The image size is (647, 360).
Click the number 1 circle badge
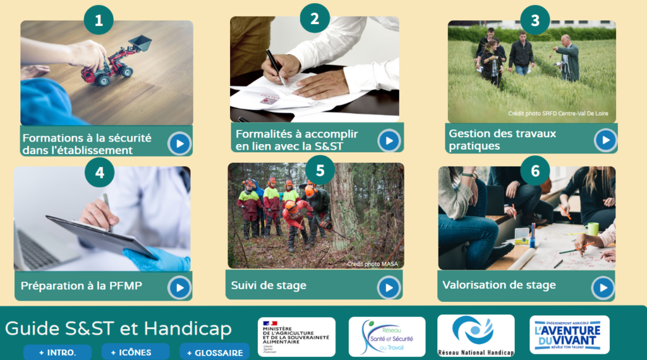tap(99, 20)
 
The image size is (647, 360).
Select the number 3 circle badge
tap(535, 20)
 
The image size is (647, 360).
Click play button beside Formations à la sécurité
tap(179, 143)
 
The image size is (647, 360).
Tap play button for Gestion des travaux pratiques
tap(605, 140)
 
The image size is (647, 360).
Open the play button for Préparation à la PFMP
tap(179, 288)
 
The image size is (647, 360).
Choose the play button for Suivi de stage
tap(389, 287)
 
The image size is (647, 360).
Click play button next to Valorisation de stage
tap(603, 288)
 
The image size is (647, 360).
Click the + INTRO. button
tap(57, 352)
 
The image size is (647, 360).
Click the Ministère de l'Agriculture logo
tap(296, 337)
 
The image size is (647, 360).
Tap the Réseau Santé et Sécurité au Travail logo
tap(387, 337)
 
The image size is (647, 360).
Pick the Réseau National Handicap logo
tap(476, 335)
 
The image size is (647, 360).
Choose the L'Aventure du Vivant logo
tap(569, 335)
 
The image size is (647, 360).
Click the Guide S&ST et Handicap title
tap(118, 328)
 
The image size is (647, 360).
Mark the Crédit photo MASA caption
tap(375, 264)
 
